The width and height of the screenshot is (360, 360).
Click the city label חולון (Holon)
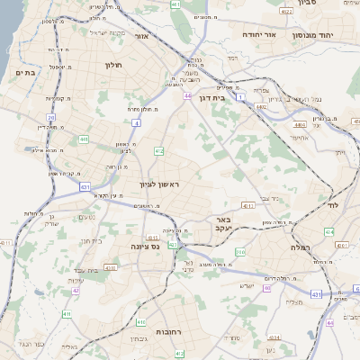pos(112,66)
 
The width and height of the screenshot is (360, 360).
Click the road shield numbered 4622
pos(286,11)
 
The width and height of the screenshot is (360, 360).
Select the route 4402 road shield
pos(261,106)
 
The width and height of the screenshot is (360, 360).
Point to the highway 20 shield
pos(51,117)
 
